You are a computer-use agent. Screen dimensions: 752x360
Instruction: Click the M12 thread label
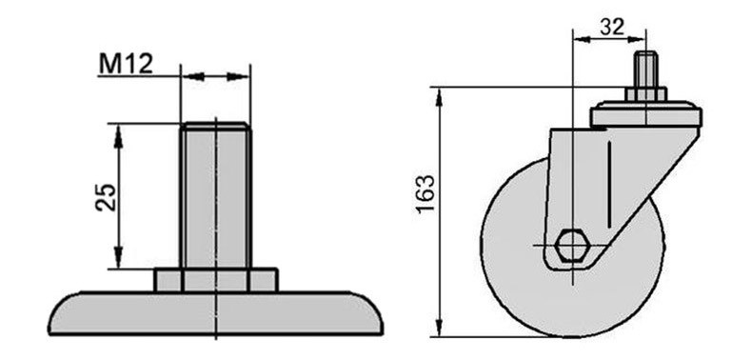[126, 64]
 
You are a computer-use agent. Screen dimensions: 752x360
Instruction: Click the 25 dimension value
[106, 197]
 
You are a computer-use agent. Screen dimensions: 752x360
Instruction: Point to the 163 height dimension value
[425, 194]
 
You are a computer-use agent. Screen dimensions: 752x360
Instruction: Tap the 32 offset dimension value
[612, 28]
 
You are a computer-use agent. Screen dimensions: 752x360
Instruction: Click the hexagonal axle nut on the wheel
[571, 246]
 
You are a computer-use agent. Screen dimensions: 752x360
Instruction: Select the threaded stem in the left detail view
[215, 195]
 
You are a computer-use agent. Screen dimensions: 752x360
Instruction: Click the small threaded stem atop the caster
[645, 70]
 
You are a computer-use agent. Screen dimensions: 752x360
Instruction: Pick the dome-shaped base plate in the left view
[215, 313]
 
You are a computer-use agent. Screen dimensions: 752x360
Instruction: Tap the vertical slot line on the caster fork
[608, 185]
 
